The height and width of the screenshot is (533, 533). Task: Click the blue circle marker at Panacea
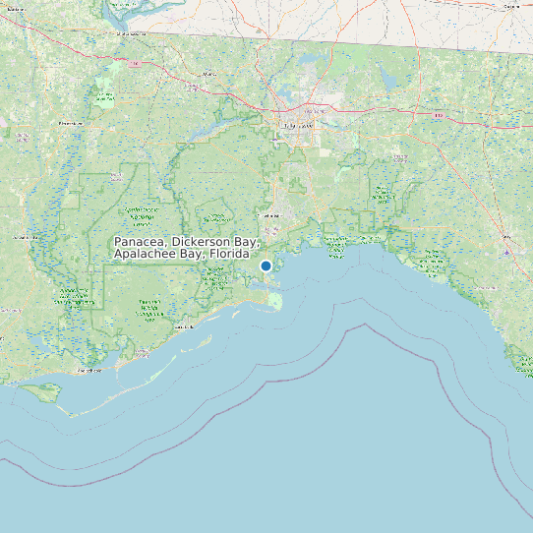266,266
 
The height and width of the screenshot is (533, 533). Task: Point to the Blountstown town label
70,124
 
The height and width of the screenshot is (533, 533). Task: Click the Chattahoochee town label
128,33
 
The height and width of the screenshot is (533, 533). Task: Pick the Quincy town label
208,74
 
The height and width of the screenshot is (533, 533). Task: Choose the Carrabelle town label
179,326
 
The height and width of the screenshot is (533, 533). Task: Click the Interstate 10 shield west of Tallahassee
137,65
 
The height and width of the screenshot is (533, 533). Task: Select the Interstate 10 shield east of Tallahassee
438,115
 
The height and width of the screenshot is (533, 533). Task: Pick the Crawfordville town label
267,214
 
